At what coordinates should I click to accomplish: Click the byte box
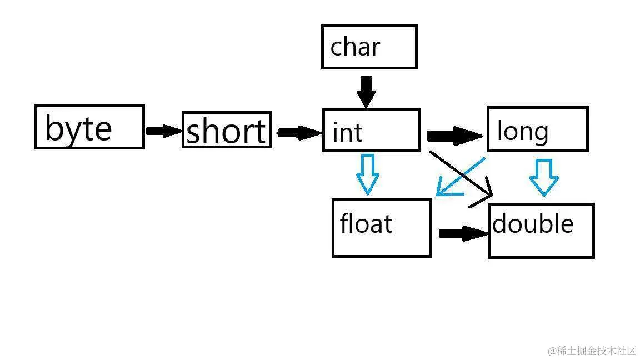[89, 127]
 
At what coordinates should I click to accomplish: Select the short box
[227, 130]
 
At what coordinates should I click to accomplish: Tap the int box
[371, 130]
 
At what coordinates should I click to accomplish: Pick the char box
[369, 47]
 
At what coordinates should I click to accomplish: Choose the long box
[537, 129]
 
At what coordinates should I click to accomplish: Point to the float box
[381, 228]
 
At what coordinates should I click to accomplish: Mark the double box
[542, 231]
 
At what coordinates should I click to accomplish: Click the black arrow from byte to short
[164, 131]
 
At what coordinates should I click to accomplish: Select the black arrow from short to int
[298, 133]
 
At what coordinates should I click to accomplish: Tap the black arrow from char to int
[366, 91]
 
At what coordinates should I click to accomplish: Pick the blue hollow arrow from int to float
[367, 174]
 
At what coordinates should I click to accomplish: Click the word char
[355, 47]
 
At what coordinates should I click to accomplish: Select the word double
[533, 224]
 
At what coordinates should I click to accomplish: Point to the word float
[366, 223]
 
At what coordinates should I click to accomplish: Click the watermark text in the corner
[591, 351]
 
